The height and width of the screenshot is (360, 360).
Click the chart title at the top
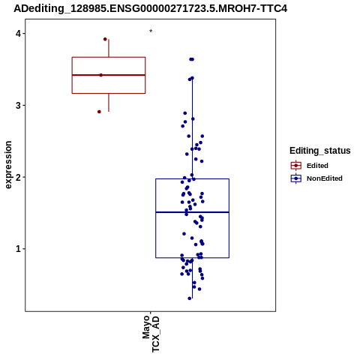(151, 8)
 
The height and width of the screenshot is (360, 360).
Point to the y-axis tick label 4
(19, 34)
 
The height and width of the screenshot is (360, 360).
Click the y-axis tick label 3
(19, 106)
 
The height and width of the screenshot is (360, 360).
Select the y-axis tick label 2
(19, 177)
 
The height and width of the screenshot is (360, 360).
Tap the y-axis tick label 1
(19, 249)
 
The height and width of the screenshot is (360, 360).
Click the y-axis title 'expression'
(8, 165)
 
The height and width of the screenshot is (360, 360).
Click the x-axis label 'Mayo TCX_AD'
(151, 334)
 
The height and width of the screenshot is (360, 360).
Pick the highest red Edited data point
(105, 39)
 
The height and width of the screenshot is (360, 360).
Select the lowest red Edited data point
(99, 112)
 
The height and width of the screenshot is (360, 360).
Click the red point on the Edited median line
(101, 75)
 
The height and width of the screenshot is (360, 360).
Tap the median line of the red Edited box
(109, 75)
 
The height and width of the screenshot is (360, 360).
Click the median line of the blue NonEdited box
(192, 212)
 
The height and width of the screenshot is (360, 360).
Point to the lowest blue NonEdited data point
(190, 298)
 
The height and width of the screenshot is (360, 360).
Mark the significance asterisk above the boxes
(151, 31)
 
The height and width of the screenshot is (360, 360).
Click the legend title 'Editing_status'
(320, 151)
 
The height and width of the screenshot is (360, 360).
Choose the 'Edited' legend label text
(317, 166)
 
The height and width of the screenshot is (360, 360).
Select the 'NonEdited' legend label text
(325, 178)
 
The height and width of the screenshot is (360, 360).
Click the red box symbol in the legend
(296, 166)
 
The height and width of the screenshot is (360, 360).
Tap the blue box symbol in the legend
(296, 178)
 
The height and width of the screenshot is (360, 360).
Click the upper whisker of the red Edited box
(109, 48)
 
